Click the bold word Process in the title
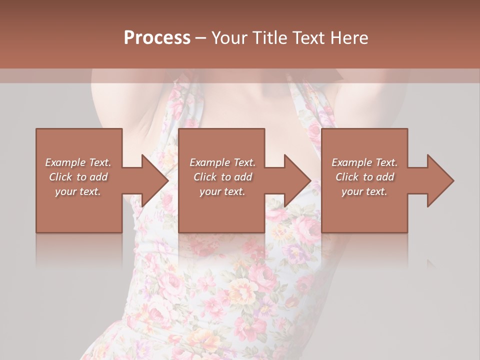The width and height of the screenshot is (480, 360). click(x=157, y=38)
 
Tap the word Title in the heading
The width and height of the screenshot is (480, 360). click(x=270, y=38)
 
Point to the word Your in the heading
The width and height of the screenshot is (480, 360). click(x=229, y=38)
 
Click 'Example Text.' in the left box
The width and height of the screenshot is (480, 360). click(x=78, y=162)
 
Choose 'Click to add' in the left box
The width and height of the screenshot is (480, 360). click(x=78, y=177)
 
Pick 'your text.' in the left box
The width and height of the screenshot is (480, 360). click(x=78, y=191)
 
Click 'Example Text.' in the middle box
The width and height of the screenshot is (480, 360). click(x=222, y=162)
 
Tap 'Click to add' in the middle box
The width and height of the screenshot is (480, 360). click(x=222, y=177)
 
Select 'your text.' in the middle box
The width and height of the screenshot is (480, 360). click(x=222, y=191)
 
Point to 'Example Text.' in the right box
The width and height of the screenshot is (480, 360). click(x=364, y=162)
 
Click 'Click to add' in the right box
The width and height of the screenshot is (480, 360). click(x=364, y=177)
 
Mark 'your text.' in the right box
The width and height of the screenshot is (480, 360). click(x=364, y=191)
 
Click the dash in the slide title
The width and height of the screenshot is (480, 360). click(x=201, y=38)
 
